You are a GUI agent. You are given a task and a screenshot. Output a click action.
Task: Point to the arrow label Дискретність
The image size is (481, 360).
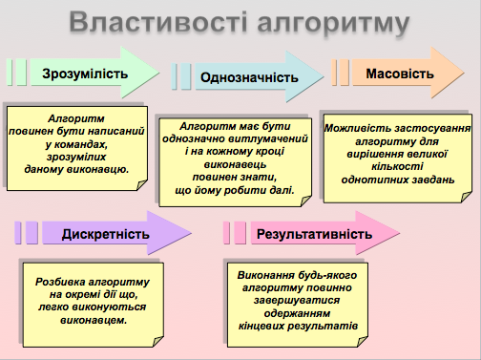tap(105, 235)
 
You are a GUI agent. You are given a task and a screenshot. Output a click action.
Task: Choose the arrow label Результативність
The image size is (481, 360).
tap(312, 234)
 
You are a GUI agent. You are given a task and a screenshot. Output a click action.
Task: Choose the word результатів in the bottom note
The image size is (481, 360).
tap(322, 326)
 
